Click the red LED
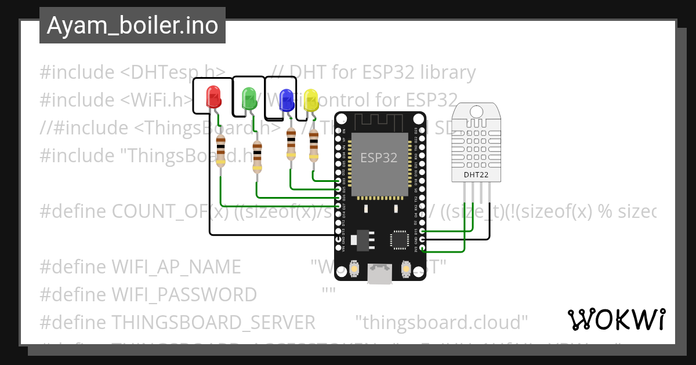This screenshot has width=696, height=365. pyautogui.click(x=214, y=97)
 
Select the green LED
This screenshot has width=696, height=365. pyautogui.click(x=249, y=98)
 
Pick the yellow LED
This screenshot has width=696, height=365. pyautogui.click(x=311, y=100)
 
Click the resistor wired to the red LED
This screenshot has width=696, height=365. pyautogui.click(x=220, y=151)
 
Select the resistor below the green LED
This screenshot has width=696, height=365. pyautogui.click(x=257, y=156)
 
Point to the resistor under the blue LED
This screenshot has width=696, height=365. pyautogui.click(x=291, y=144)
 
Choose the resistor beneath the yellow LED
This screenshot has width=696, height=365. pyautogui.click(x=314, y=145)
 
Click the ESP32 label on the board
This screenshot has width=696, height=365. pyautogui.click(x=379, y=158)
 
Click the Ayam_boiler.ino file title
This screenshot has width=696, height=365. pyautogui.click(x=132, y=25)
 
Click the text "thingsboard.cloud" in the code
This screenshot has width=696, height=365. pyautogui.click(x=441, y=322)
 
